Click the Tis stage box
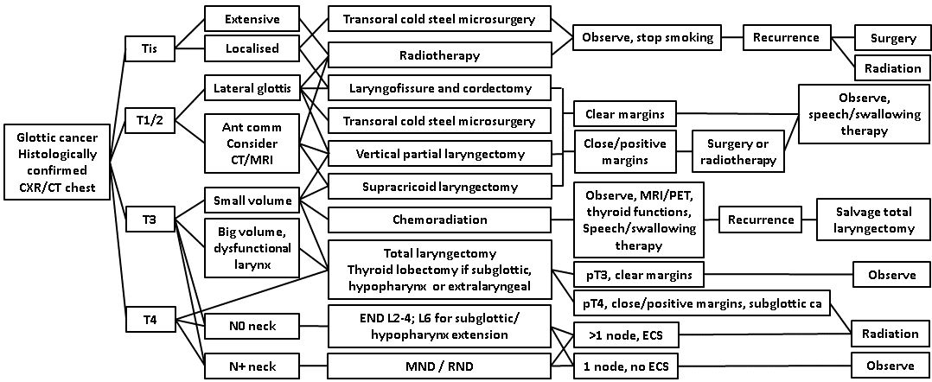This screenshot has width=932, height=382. point(150,48)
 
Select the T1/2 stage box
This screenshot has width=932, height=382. point(150,120)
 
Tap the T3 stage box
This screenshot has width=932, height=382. point(150,220)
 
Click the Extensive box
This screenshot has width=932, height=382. point(252,19)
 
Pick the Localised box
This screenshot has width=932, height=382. point(252,48)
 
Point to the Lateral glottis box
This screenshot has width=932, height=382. point(252,88)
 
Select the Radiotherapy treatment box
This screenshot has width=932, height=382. point(440,55)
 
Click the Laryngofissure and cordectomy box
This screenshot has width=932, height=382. point(440,88)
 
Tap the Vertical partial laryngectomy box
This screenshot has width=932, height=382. point(440,154)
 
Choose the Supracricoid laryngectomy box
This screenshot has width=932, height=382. point(440,186)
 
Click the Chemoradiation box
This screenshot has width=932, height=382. point(440,220)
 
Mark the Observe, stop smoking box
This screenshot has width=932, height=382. point(648,37)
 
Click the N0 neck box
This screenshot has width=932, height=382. point(252,328)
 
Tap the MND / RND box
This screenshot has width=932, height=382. point(440,366)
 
